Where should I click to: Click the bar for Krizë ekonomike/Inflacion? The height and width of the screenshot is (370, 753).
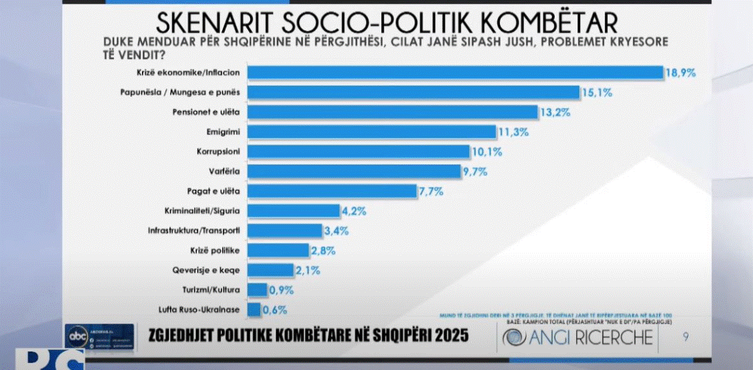pos(454,73)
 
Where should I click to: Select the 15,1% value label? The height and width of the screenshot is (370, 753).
pos(598,92)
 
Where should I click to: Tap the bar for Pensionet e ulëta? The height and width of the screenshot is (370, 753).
pos(392,112)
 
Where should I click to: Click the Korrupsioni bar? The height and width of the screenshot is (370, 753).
pos(357,151)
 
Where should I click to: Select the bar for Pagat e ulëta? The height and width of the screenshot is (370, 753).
pos(332,190)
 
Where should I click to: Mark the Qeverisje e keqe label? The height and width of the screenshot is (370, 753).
pos(213,270)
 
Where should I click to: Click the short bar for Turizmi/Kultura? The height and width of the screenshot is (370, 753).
pos(257,290)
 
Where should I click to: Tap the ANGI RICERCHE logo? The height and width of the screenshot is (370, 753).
pos(577,338)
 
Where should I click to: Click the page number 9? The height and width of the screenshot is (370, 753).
pos(686,336)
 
